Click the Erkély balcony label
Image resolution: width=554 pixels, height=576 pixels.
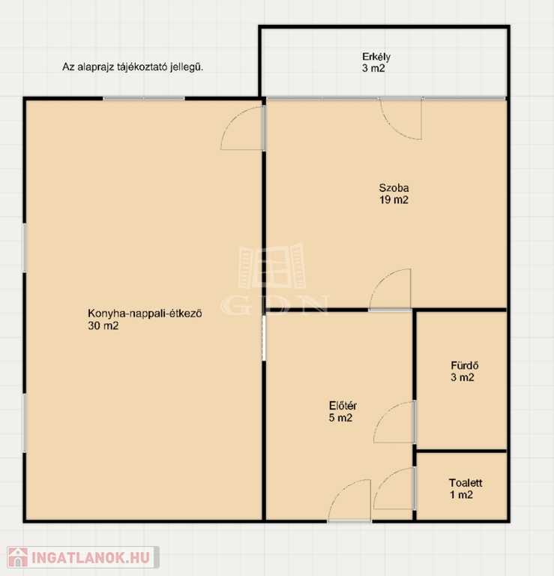[376, 57]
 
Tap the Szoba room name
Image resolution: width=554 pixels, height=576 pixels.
[394, 188]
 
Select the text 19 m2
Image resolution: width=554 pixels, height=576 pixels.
[394, 199]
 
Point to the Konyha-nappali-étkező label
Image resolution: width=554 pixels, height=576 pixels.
[145, 313]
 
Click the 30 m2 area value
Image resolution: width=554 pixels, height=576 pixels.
[103, 325]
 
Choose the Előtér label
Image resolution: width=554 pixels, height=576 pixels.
[343, 406]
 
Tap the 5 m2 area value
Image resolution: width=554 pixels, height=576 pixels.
[340, 418]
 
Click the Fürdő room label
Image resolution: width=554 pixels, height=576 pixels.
[465, 365]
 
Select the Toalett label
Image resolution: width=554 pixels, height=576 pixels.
[466, 483]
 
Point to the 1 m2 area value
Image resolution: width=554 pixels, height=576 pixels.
[462, 495]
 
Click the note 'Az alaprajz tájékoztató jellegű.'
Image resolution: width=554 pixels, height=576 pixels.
[133, 67]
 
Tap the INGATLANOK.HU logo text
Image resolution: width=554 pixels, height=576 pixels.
[91, 558]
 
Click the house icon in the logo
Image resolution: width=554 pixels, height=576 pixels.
[18, 557]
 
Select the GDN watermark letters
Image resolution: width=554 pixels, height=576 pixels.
[275, 305]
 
